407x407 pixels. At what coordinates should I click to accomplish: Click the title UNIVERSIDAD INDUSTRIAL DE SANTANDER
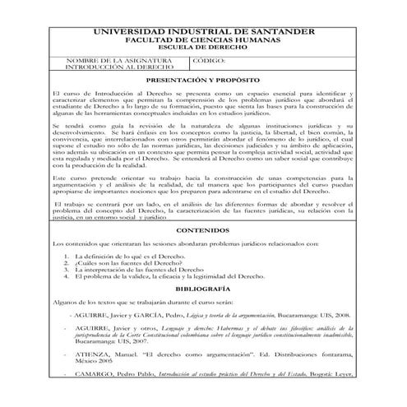203,31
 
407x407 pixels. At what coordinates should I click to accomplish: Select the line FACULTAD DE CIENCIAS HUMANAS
203,39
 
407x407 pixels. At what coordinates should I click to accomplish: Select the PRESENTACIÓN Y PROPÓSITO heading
203,83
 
